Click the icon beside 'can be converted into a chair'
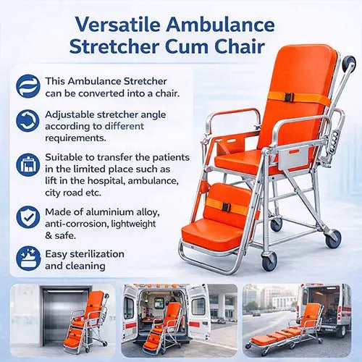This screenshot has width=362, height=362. click(x=28, y=86)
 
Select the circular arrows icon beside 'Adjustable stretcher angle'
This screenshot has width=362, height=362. click(x=28, y=121)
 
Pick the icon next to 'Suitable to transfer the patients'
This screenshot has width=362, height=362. click(x=28, y=164)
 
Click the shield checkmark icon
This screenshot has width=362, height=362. click(x=28, y=216)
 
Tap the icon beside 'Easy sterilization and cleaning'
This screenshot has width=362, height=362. click(x=28, y=258)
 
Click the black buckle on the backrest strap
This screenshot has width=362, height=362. click(x=288, y=97)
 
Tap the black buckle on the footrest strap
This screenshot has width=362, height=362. click(x=226, y=207)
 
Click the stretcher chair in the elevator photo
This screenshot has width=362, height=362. click(x=88, y=322)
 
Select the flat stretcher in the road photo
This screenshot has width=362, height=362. click(x=286, y=336)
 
